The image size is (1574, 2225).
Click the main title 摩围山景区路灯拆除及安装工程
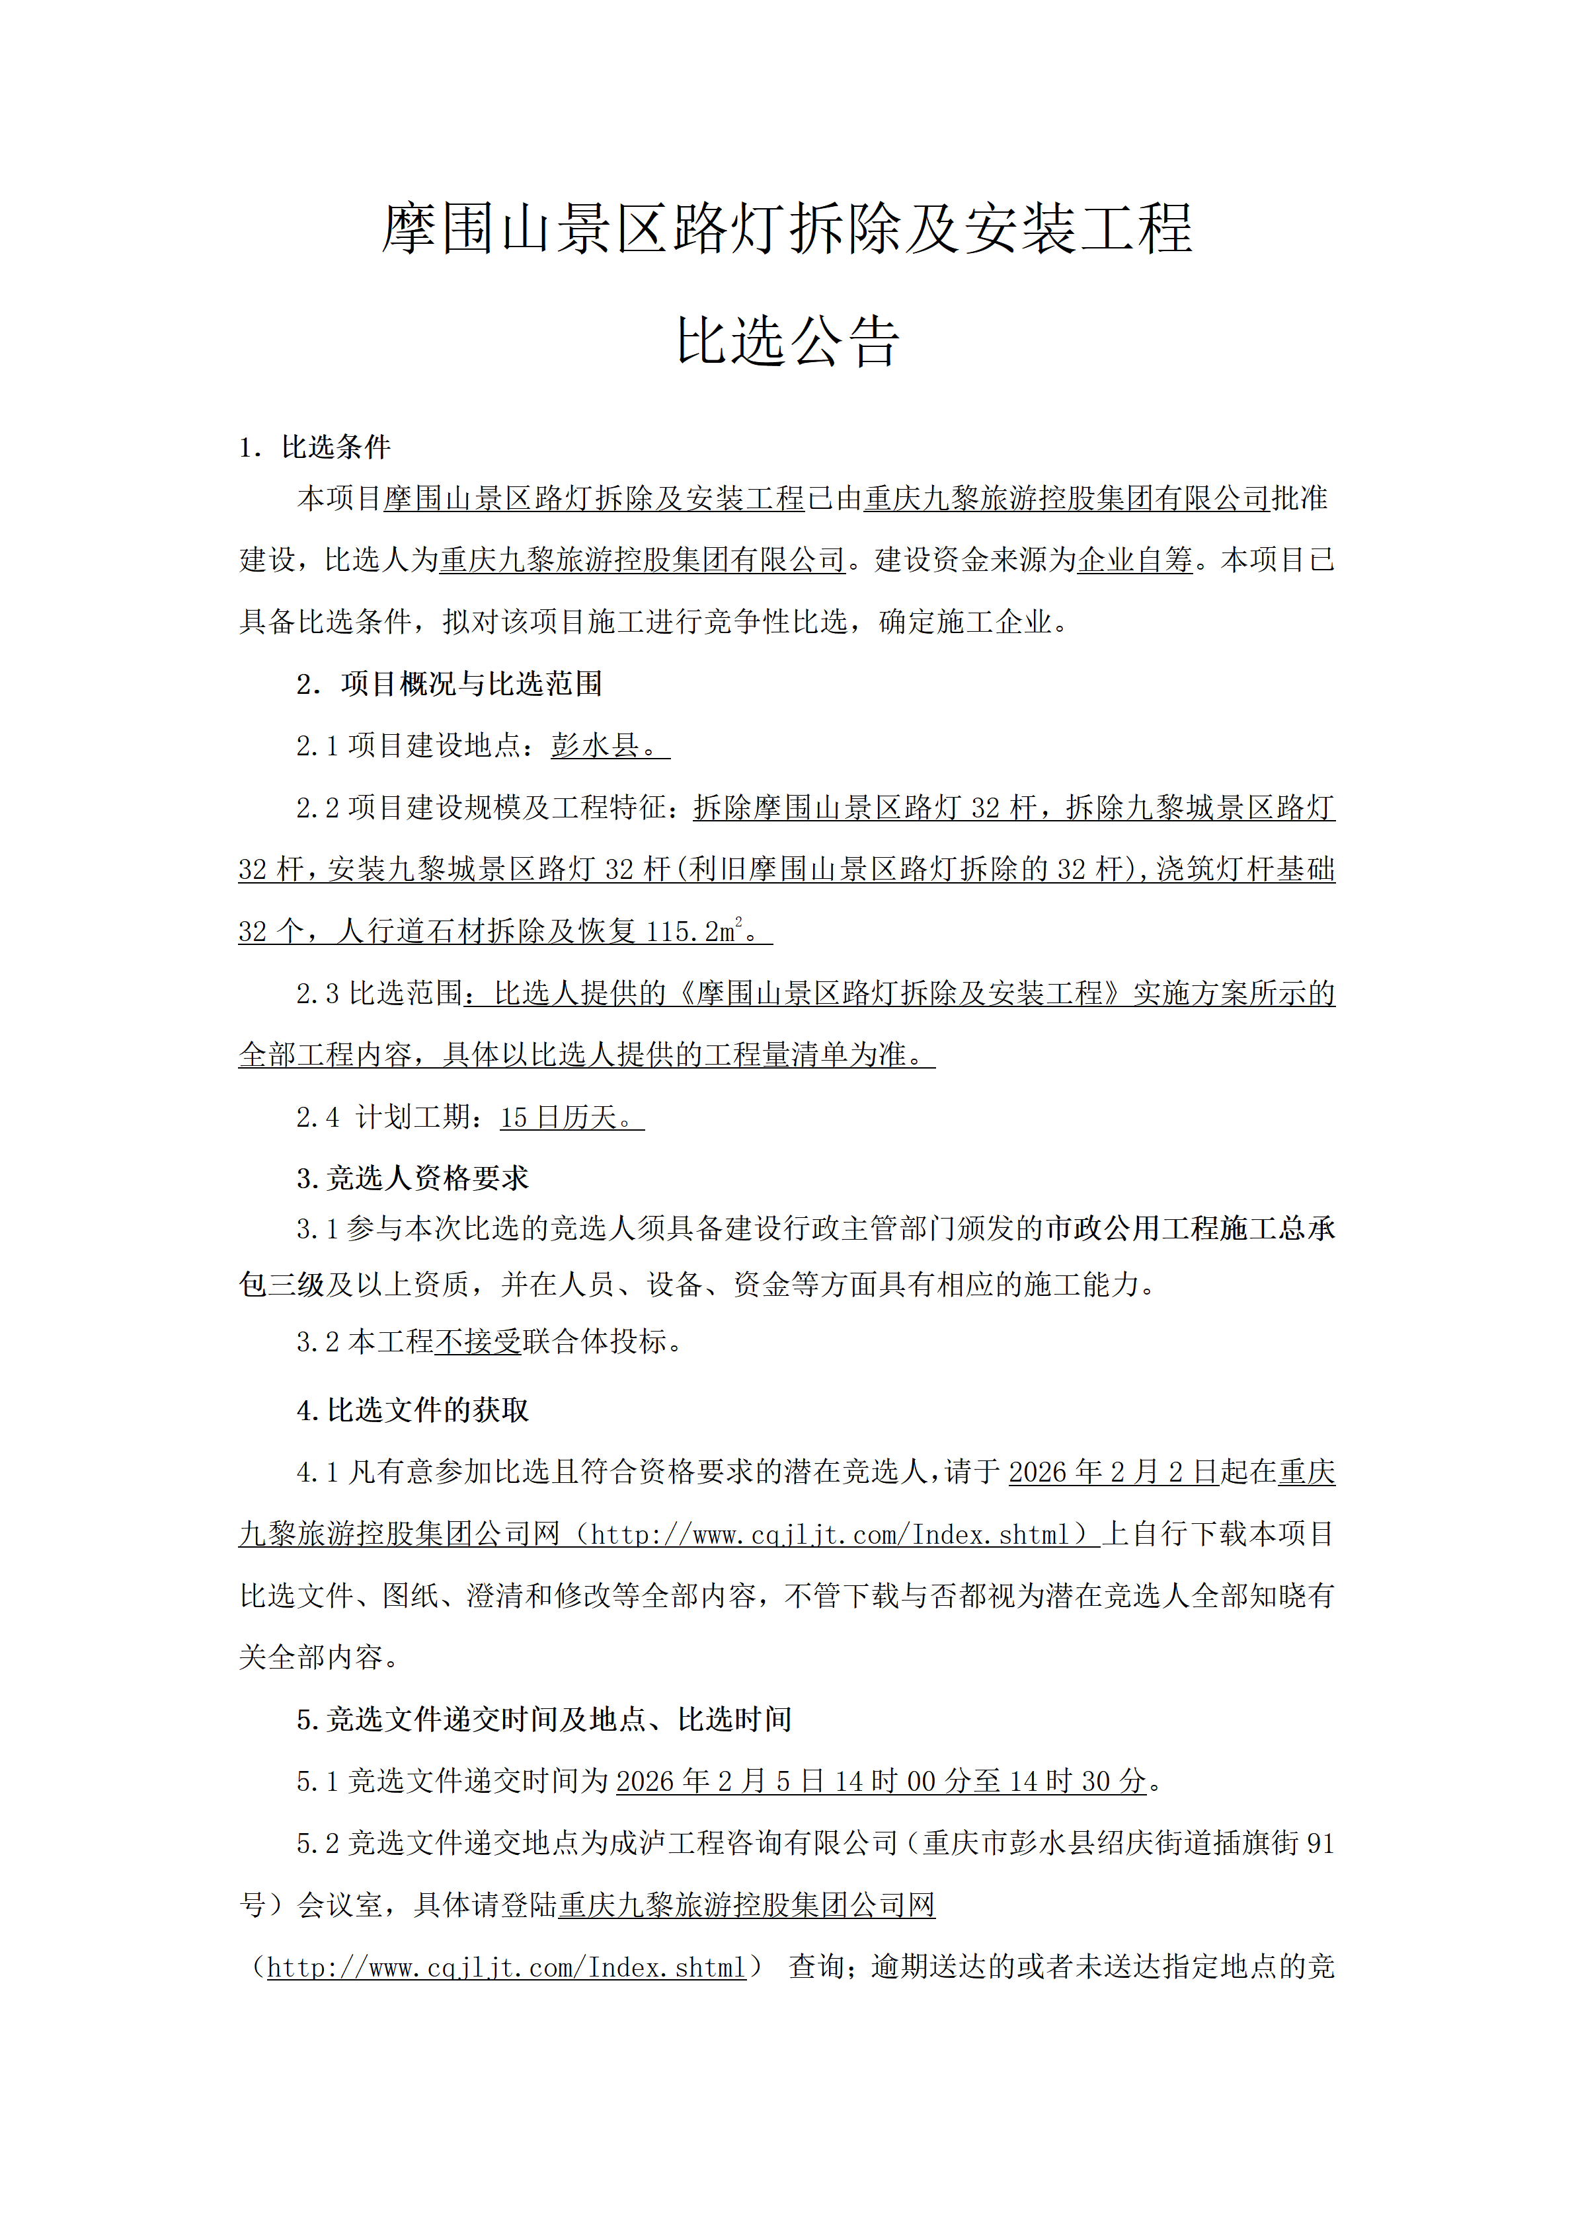786,231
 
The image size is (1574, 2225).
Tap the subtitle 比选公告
787,342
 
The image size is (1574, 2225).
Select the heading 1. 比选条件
315,447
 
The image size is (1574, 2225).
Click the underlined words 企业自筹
1135,560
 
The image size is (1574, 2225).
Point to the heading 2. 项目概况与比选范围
450,684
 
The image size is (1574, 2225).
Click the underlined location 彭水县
595,745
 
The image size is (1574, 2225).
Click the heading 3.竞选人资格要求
413,1178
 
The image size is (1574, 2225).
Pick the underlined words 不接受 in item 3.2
478,1342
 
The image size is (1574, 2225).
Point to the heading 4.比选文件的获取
413,1411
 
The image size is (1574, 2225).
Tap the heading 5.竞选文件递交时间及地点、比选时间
545,1720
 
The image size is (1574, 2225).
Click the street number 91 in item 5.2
1320,1843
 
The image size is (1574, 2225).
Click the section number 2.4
318,1117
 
